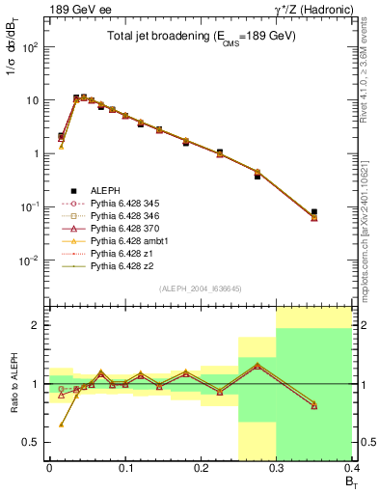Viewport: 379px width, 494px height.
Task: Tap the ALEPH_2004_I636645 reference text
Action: click(x=201, y=289)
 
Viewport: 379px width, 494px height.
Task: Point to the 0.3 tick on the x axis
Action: click(x=276, y=472)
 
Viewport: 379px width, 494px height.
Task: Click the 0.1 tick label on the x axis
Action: click(x=124, y=472)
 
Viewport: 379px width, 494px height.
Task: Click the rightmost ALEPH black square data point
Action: click(x=340, y=211)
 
